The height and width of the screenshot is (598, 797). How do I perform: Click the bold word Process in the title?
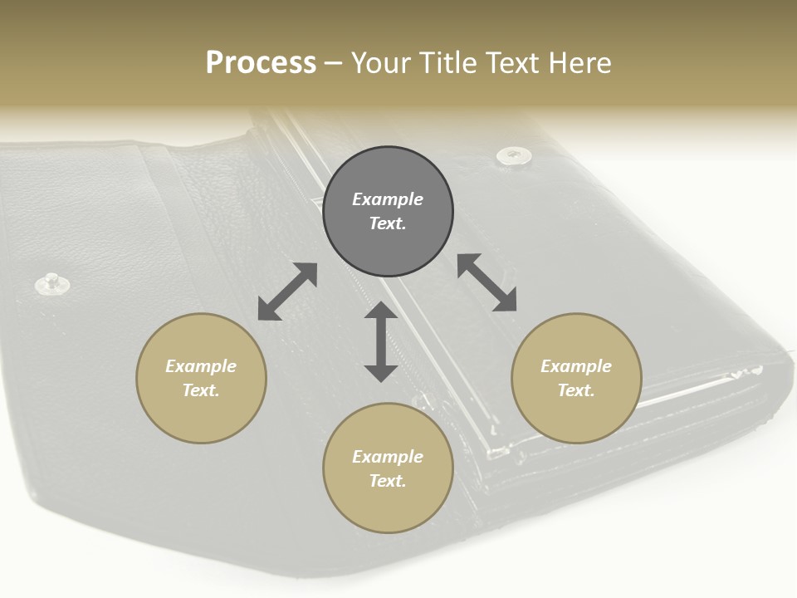click(261, 63)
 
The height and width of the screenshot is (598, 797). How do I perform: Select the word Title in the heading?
click(453, 63)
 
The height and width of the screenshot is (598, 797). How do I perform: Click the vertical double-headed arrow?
click(381, 341)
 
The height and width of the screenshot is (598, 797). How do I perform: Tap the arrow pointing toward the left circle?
click(287, 292)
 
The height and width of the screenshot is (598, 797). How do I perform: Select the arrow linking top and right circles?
click(487, 282)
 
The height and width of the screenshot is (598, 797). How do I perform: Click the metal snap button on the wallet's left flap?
click(52, 283)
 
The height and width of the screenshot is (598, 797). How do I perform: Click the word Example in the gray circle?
click(388, 199)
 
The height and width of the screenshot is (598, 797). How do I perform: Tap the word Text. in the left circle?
click(201, 390)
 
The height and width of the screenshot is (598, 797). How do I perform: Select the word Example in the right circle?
click(576, 366)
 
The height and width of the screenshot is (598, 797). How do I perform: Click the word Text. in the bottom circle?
click(388, 481)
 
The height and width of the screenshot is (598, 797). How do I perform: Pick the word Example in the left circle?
click(201, 366)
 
